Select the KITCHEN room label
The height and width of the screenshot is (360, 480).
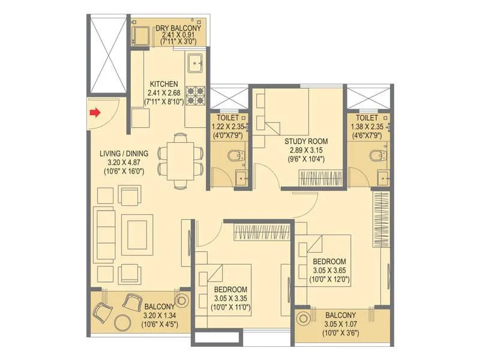(x=163, y=84)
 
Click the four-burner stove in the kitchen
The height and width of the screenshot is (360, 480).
(x=196, y=94)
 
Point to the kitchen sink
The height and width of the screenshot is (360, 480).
(x=196, y=62)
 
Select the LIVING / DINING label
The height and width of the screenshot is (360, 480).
(x=123, y=153)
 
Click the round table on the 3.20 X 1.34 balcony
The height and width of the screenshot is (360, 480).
(x=125, y=321)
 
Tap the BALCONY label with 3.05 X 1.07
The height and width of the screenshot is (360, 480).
(x=340, y=316)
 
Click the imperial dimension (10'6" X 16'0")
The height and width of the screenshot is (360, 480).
(x=123, y=172)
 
